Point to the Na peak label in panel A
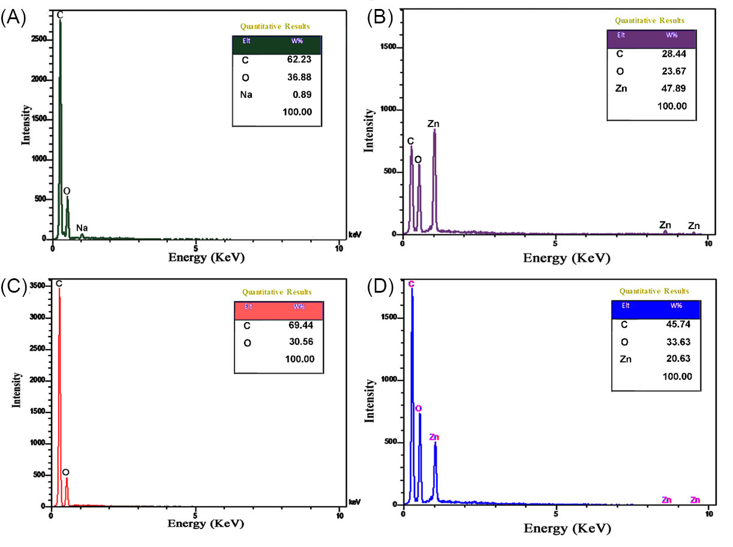pyautogui.click(x=82, y=228)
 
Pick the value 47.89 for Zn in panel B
pyautogui.click(x=672, y=89)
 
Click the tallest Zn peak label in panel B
pyautogui.click(x=434, y=124)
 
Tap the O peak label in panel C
pyautogui.click(x=65, y=472)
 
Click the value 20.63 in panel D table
pyautogui.click(x=677, y=359)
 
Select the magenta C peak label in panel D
pyautogui.click(x=411, y=283)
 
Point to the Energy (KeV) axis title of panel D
pyautogui.click(x=567, y=529)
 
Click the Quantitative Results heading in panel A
pyautogui.click(x=275, y=26)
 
